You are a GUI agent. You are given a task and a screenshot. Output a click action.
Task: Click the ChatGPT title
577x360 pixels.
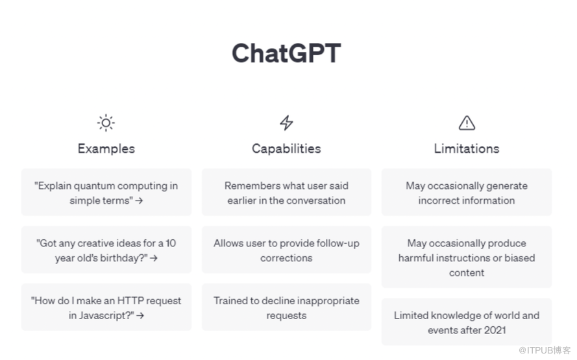point(286,53)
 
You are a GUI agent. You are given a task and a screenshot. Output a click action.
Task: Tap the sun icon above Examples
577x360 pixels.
point(106,123)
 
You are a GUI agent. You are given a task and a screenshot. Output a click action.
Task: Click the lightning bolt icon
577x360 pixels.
point(286,123)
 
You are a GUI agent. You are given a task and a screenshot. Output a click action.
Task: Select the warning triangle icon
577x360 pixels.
point(467,123)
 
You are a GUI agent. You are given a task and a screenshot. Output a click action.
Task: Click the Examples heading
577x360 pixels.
point(106,149)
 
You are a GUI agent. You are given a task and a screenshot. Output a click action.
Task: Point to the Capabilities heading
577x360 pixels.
point(286,149)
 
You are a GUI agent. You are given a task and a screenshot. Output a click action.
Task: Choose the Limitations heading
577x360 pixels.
point(467,149)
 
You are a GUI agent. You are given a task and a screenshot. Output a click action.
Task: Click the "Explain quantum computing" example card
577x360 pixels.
point(106,192)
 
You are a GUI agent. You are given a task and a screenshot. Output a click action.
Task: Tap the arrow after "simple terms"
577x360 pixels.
point(139,201)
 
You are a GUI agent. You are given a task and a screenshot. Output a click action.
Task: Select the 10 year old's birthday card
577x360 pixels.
point(106,250)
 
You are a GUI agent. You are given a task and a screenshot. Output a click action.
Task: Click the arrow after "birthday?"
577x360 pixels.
point(154,258)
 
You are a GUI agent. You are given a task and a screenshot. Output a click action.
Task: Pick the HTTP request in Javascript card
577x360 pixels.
point(106,307)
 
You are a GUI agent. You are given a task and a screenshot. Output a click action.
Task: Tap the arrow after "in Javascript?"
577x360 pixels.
point(140,315)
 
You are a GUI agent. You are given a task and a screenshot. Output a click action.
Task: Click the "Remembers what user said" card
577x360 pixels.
point(286,192)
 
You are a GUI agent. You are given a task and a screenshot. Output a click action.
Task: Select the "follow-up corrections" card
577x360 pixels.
point(286,250)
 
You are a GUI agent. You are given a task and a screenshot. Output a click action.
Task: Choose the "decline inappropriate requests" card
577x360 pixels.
point(286,307)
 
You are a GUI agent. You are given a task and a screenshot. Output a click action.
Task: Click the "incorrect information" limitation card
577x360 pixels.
point(467,192)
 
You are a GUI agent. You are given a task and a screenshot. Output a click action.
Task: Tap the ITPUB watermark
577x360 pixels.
point(545,350)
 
